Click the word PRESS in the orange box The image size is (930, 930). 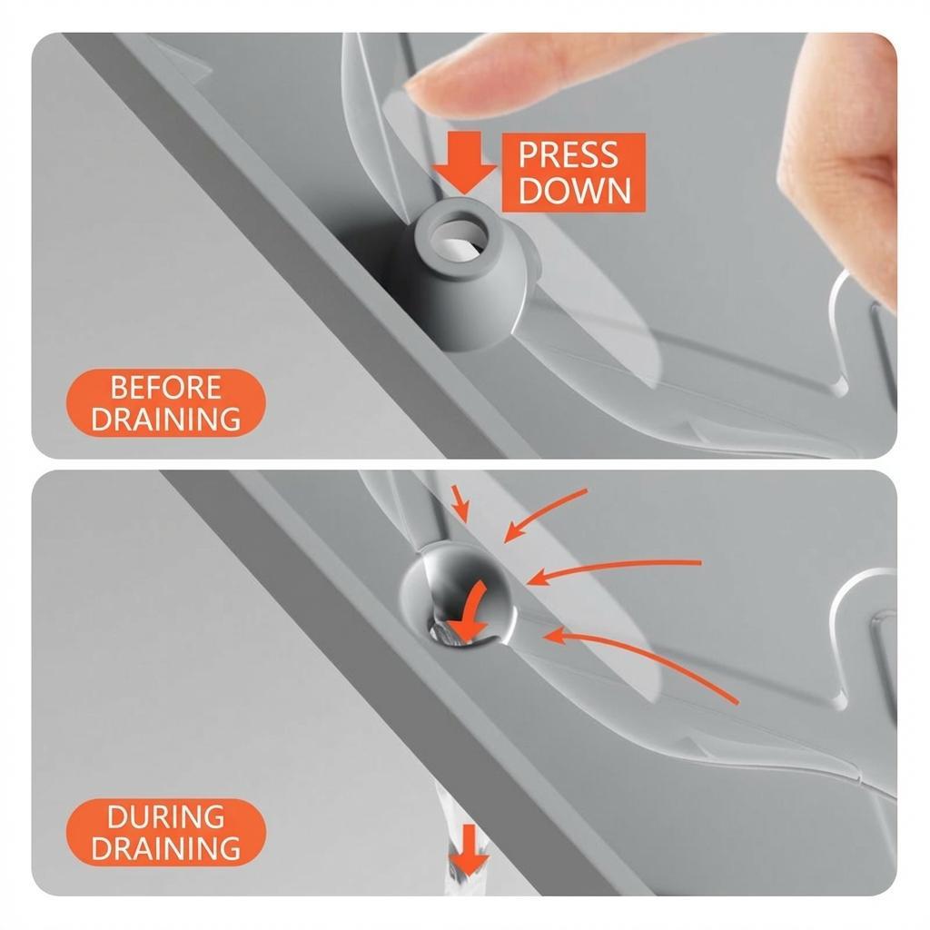568,154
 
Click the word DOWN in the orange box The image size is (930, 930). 574,191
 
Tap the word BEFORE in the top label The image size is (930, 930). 165,388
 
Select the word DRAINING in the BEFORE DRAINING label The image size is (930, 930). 165,419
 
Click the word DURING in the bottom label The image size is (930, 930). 165,817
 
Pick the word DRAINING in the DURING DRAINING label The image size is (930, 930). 165,848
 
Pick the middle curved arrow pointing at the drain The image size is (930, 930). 611,567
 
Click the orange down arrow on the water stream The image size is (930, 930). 469,849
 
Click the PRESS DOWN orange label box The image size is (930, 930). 574,172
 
